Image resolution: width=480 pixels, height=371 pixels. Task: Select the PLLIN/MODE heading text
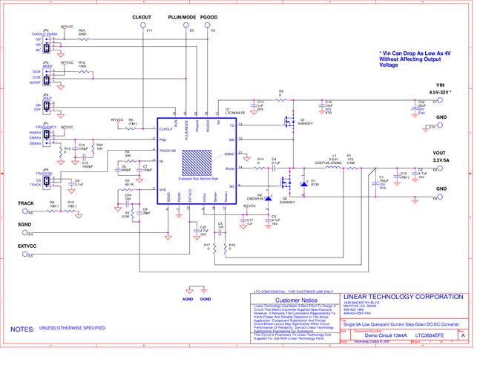(x=182, y=16)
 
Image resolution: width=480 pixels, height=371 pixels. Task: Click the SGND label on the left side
(x=24, y=224)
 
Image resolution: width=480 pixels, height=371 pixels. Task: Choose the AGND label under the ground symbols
(x=188, y=298)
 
